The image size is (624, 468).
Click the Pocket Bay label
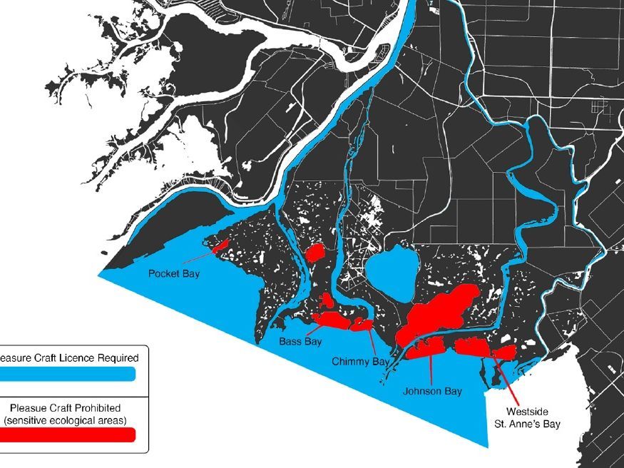(173, 273)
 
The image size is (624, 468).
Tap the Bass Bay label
(300, 342)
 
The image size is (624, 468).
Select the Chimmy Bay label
(360, 362)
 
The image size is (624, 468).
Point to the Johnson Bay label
(432, 391)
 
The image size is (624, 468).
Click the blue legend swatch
(68, 374)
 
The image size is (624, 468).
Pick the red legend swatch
(68, 434)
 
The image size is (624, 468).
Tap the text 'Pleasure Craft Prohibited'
(68, 408)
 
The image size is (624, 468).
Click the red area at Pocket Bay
(220, 245)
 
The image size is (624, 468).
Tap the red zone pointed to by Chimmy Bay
(360, 325)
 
